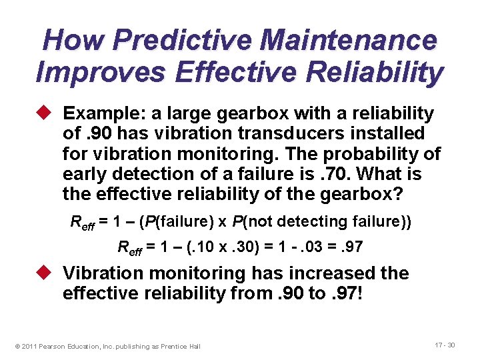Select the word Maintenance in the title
[x=349, y=40]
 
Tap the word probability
[x=378, y=154]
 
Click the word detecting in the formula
[x=321, y=221]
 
